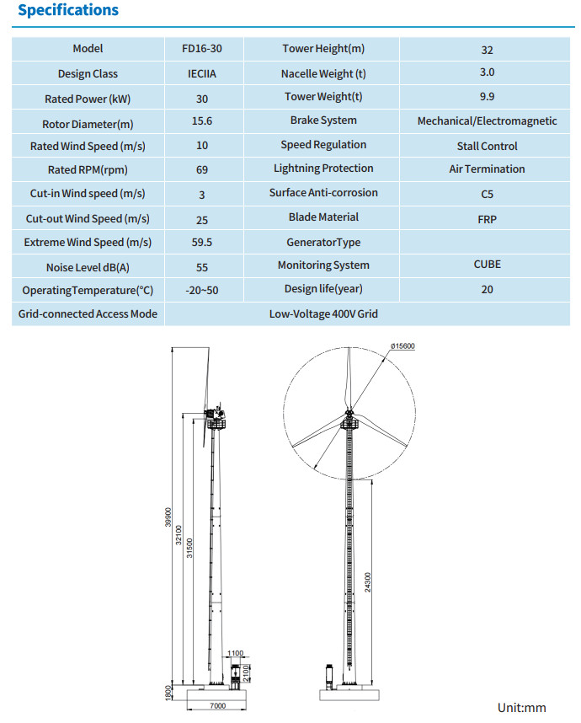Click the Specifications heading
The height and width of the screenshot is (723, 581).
(68, 11)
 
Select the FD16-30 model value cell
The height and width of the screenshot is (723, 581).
(202, 49)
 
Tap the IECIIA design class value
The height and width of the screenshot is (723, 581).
(202, 74)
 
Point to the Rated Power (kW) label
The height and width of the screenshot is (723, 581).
(88, 99)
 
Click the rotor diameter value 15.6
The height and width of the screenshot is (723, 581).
(202, 121)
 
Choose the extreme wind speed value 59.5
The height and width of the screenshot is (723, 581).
(202, 243)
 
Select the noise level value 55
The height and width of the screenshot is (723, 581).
(202, 267)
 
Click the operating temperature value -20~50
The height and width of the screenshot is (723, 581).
(202, 291)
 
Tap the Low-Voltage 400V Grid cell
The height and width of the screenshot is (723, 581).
(323, 314)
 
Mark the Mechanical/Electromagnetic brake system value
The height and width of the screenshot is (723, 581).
(487, 121)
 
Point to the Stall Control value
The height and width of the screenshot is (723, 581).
(487, 147)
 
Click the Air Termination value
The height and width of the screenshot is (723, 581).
(487, 169)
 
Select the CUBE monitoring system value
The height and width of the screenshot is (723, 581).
(487, 265)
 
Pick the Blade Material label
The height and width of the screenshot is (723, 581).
(323, 217)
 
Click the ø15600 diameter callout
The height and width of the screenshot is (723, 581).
(402, 346)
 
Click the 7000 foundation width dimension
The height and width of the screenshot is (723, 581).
(218, 706)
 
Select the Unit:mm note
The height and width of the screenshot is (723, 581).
(521, 707)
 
